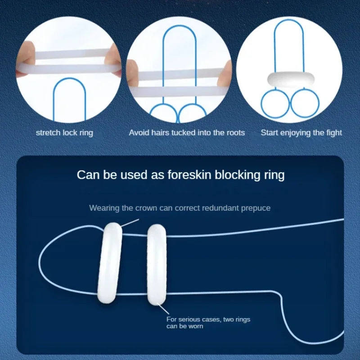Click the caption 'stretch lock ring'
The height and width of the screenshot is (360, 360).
point(64,133)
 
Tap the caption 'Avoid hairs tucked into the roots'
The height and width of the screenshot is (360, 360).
point(187,133)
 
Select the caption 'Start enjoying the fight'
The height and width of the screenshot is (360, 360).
point(301,133)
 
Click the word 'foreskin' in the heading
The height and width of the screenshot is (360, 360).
point(189,175)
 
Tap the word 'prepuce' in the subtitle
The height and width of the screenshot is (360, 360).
point(256,208)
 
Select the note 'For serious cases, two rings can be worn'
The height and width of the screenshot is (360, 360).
point(208,323)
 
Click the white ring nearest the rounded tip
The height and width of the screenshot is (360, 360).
point(110,263)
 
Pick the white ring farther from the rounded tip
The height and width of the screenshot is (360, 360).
point(157,265)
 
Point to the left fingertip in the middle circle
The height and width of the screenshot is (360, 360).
point(133,72)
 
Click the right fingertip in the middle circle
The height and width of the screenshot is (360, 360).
point(225,73)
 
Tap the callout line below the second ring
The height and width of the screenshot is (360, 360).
point(163,309)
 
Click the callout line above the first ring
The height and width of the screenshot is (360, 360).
point(130,223)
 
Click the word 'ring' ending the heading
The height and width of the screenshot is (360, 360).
point(274,175)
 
